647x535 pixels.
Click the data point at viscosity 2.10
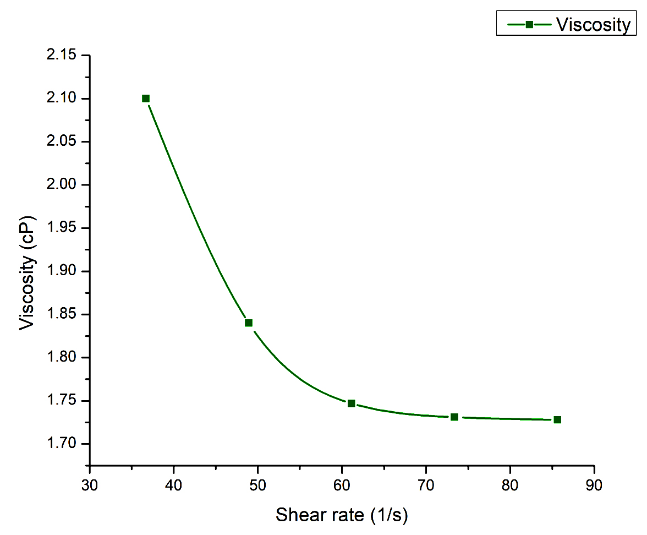(146, 99)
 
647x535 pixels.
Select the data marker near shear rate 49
(249, 323)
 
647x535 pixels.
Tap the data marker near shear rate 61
(351, 403)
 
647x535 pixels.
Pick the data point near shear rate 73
(454, 417)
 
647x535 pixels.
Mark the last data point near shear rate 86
(557, 419)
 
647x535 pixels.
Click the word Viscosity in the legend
(593, 25)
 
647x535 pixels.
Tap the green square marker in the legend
(529, 25)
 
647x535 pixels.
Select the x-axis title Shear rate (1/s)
(342, 515)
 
